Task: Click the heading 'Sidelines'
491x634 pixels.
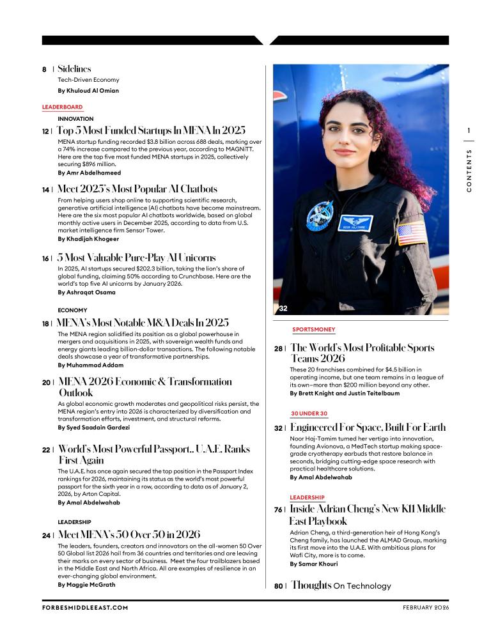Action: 74,68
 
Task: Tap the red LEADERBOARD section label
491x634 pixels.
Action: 63,107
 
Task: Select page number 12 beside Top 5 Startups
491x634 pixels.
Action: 46,131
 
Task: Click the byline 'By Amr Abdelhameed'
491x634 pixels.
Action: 89,173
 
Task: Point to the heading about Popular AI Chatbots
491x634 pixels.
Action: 137,189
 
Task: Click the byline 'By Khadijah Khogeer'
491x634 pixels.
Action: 88,238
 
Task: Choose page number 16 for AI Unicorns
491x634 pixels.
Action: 46,259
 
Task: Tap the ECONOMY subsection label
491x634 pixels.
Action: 72,310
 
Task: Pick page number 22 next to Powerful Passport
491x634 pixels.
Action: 46,450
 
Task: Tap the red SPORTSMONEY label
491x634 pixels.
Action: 314,330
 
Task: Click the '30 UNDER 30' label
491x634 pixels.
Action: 309,414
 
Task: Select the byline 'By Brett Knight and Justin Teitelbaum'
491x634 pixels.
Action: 342,393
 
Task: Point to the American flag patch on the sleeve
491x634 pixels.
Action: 411,233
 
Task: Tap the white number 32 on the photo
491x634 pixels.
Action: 283,308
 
